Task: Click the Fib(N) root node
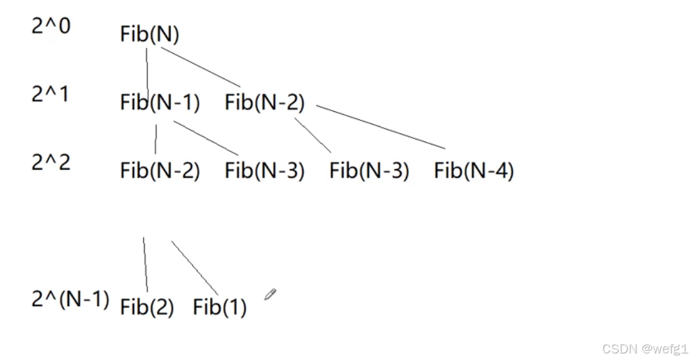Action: (x=149, y=35)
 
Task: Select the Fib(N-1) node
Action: (x=160, y=103)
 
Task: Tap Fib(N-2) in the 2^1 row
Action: (x=265, y=103)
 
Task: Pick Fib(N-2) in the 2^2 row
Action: (x=160, y=171)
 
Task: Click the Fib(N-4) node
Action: (x=474, y=171)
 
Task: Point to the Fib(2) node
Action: (x=147, y=307)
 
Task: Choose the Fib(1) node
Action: (x=220, y=307)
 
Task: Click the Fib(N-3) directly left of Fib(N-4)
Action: (x=369, y=171)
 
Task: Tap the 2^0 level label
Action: (x=51, y=26)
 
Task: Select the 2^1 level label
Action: (x=51, y=94)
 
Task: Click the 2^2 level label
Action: (x=51, y=162)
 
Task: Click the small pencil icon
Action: (x=270, y=294)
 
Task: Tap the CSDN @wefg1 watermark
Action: (x=644, y=348)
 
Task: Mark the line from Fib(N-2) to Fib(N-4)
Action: (x=380, y=126)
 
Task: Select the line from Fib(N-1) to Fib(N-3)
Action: (x=205, y=138)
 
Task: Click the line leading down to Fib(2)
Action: (x=145, y=265)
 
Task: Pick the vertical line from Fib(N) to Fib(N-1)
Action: (x=147, y=69)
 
